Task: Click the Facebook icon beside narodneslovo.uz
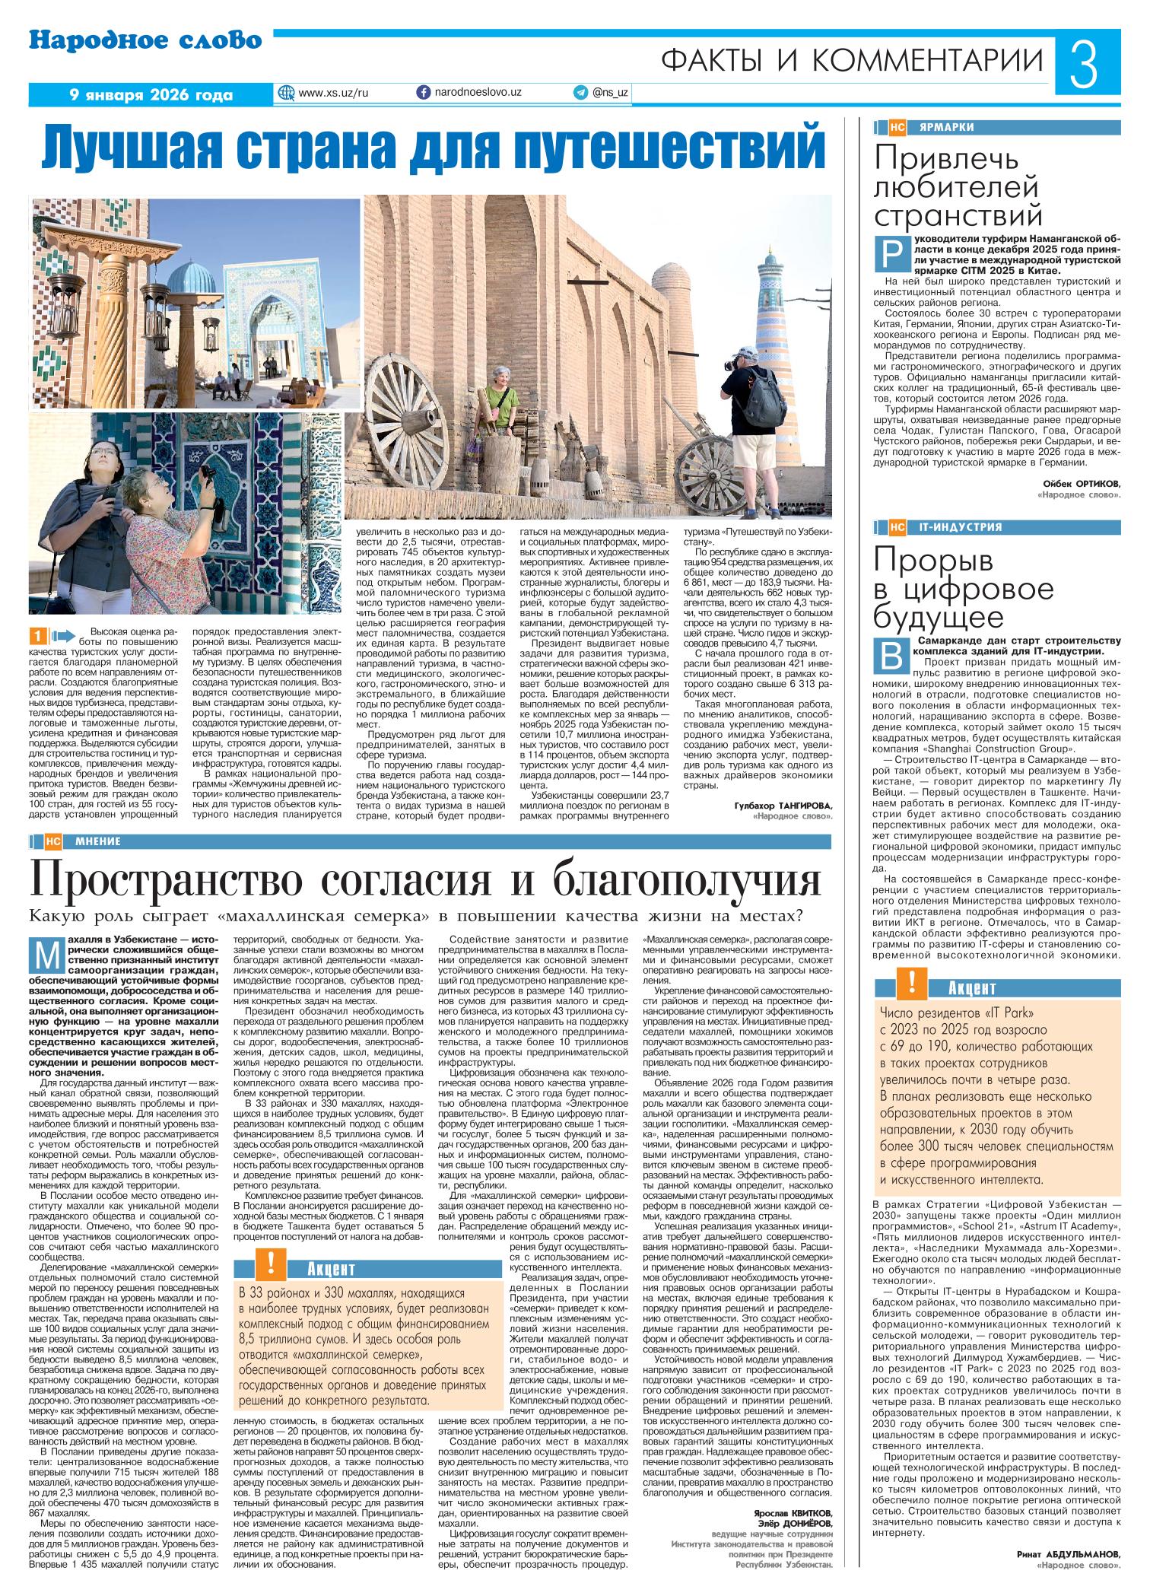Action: tap(424, 93)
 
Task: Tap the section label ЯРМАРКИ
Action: tap(945, 127)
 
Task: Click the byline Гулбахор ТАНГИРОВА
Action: tap(783, 805)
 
